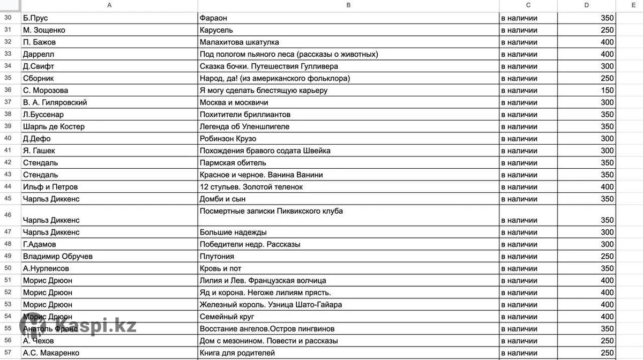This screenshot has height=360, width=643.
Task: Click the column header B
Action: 348,5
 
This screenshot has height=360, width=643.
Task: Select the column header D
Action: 586,5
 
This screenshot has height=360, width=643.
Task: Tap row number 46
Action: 8,215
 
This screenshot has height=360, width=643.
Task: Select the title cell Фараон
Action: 217,18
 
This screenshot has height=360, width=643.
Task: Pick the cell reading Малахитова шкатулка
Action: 239,42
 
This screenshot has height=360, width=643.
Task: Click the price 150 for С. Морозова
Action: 607,91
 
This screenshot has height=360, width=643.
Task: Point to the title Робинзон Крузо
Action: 228,139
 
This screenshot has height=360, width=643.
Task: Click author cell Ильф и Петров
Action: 50,187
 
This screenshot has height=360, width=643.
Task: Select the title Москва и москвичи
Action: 234,102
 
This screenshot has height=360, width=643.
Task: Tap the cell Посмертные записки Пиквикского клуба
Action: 271,211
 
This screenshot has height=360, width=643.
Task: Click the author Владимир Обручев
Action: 58,257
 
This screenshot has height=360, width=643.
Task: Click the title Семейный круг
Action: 227,317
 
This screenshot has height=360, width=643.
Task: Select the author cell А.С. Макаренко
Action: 51,353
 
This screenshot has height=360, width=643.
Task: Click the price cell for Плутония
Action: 607,257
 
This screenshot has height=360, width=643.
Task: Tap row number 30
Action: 8,18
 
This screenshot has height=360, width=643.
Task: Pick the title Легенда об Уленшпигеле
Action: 244,127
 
